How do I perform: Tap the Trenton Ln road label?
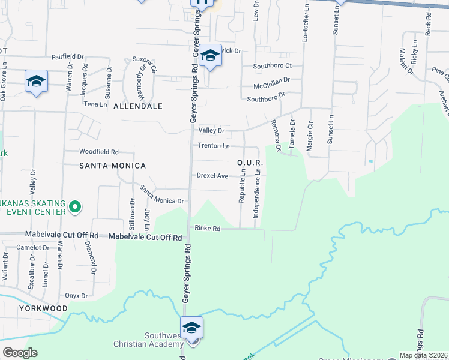(x=214, y=146)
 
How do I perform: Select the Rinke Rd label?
(x=208, y=229)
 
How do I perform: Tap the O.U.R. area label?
(x=250, y=163)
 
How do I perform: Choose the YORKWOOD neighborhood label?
(x=25, y=308)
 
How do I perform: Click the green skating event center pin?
(x=74, y=208)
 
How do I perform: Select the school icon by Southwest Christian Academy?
(x=191, y=328)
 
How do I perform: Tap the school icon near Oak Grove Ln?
(x=36, y=81)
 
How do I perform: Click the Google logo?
(x=20, y=353)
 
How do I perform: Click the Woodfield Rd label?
(x=99, y=152)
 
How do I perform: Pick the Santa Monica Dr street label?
(x=161, y=194)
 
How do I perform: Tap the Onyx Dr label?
(x=76, y=296)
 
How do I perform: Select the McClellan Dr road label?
(x=271, y=79)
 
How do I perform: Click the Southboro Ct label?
(x=272, y=65)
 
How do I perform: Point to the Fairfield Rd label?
(x=66, y=57)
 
